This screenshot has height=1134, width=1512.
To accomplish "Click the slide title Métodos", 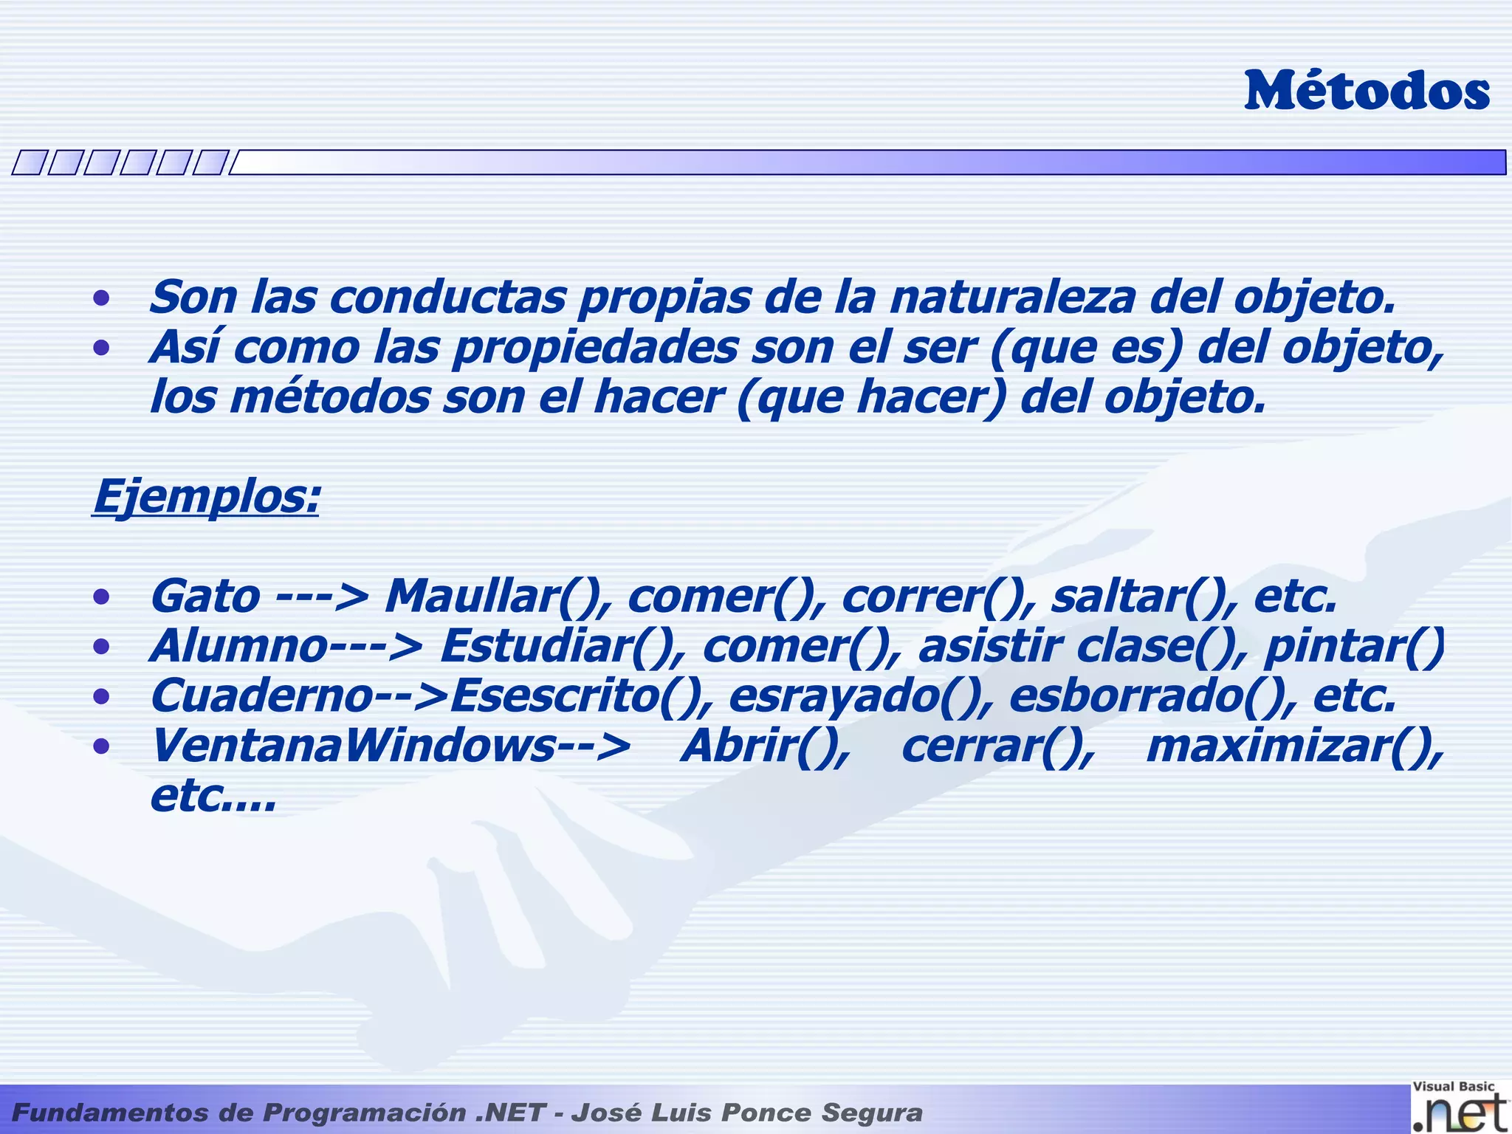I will pyautogui.click(x=1367, y=92).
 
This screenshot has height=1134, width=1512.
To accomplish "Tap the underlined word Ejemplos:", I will pyautogui.click(x=206, y=496).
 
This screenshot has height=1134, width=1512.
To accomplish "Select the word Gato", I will pyautogui.click(x=205, y=597).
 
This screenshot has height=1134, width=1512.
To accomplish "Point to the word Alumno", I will pyautogui.click(x=238, y=647).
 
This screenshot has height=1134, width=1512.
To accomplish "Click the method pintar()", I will pyautogui.click(x=1353, y=647).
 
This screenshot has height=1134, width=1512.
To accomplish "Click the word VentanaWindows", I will pyautogui.click(x=352, y=746).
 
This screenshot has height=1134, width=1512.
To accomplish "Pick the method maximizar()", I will pyautogui.click(x=1294, y=746).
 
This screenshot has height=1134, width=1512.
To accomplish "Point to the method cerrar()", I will pyautogui.click(x=997, y=746).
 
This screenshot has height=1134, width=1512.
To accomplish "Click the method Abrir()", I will pyautogui.click(x=765, y=746).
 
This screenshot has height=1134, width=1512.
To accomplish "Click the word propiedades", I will pyautogui.click(x=595, y=347).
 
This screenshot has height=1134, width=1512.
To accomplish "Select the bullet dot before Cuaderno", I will pyautogui.click(x=101, y=697).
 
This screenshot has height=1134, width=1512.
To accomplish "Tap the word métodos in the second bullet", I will pyautogui.click(x=330, y=397).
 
